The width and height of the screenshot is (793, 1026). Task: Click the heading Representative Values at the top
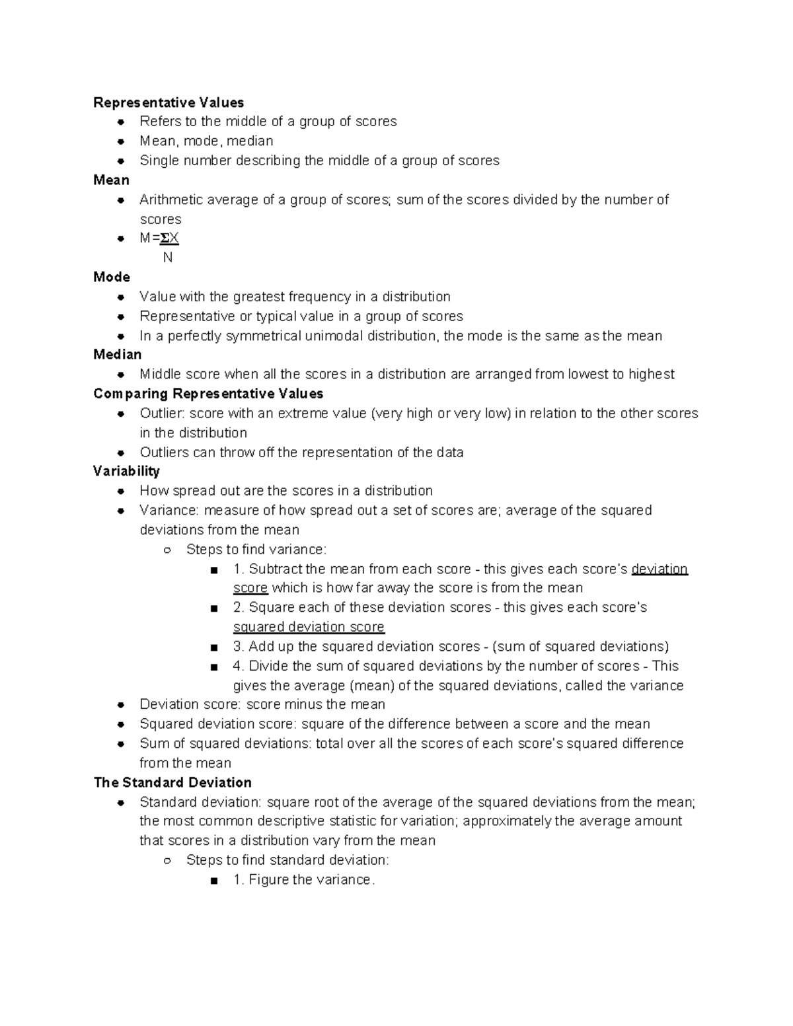[x=169, y=102]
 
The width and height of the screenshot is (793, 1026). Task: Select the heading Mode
[x=112, y=277]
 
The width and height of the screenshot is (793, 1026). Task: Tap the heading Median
[x=118, y=355]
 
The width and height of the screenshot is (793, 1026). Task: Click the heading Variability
[x=126, y=471]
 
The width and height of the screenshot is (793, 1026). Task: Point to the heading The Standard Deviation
[x=172, y=782]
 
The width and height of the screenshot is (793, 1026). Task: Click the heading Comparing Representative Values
[x=208, y=394]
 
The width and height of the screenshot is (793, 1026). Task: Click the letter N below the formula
[x=167, y=258]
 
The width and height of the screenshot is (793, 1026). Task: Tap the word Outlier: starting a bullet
[x=163, y=414]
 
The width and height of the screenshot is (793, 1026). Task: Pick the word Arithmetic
[x=171, y=200]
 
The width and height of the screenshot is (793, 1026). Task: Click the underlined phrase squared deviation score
[x=309, y=627]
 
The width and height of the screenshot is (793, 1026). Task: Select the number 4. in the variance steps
[x=239, y=666]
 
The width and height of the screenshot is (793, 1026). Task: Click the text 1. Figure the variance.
[x=304, y=880]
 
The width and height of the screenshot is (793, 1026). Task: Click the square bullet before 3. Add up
[x=213, y=647]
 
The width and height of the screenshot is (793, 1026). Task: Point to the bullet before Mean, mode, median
[x=121, y=141]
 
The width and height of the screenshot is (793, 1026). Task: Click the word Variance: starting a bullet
[x=169, y=511]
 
